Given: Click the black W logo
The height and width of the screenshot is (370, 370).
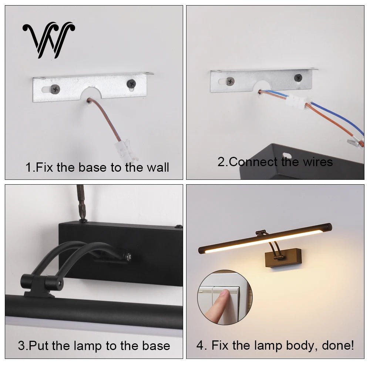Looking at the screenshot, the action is point(49,40).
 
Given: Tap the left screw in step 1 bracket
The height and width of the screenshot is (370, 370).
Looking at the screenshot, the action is point(55,89).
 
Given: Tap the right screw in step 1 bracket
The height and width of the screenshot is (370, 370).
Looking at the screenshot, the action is point(131,84).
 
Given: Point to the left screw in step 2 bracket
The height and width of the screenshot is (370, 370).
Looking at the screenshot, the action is point(230,81).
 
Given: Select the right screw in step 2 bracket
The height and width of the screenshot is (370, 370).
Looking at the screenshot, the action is point(298,77).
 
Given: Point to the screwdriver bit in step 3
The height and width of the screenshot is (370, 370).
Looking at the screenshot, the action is point(81,202).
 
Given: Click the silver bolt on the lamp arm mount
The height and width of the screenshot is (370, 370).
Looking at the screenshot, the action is point(129,256).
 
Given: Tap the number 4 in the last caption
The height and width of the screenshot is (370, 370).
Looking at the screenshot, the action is point(200,346).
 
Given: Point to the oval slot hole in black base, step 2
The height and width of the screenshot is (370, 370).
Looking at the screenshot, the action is point(287,155).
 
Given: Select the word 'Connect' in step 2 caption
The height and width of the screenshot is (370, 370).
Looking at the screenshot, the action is point(253,162).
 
